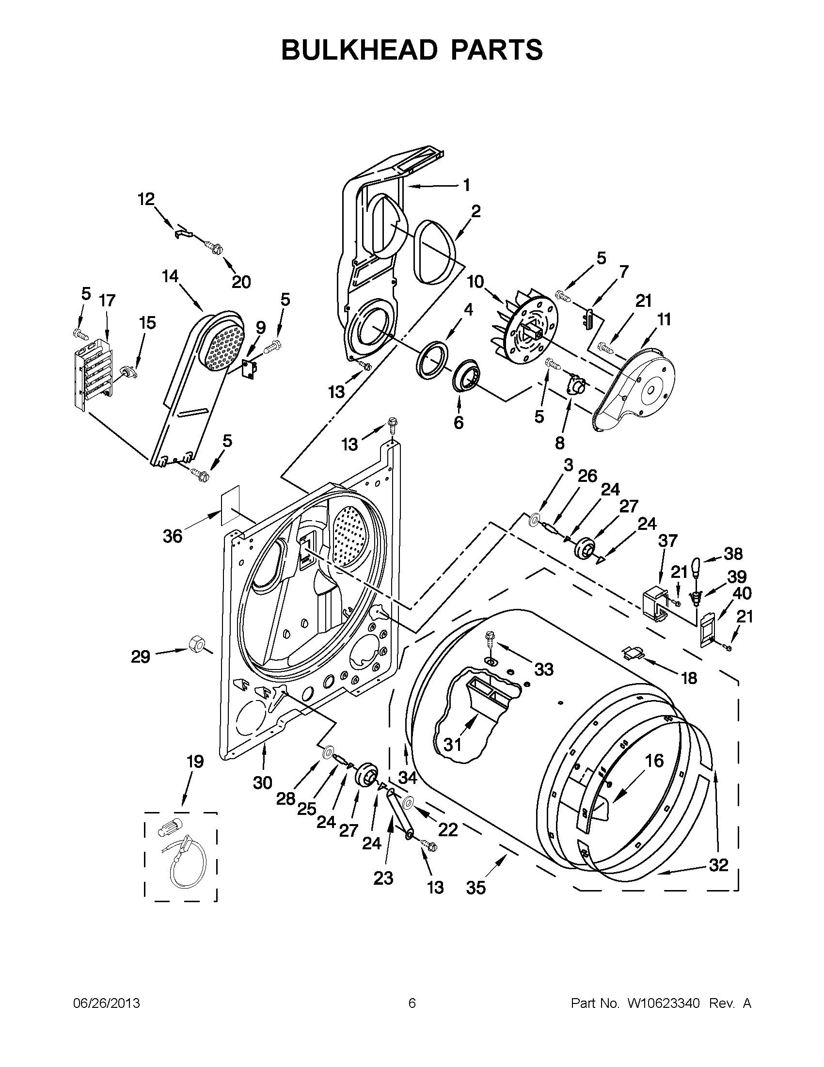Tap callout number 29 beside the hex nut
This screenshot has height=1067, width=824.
[140, 657]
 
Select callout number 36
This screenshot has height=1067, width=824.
[173, 536]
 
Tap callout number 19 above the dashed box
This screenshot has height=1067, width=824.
[195, 761]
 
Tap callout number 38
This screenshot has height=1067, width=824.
[733, 554]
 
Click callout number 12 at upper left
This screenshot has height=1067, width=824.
[145, 198]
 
